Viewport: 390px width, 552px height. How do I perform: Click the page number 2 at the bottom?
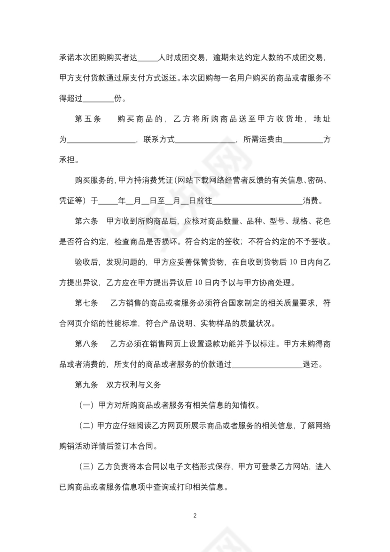click(195, 515)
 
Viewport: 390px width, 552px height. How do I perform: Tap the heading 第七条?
click(86, 303)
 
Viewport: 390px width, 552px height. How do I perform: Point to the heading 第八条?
click(86, 344)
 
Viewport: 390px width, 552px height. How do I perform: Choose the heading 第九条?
click(86, 385)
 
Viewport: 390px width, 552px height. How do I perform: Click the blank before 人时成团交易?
click(149, 58)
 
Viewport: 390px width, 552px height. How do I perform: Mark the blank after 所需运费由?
click(303, 140)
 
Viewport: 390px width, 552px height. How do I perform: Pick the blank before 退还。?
click(267, 364)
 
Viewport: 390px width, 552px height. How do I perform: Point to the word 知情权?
click(246, 405)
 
